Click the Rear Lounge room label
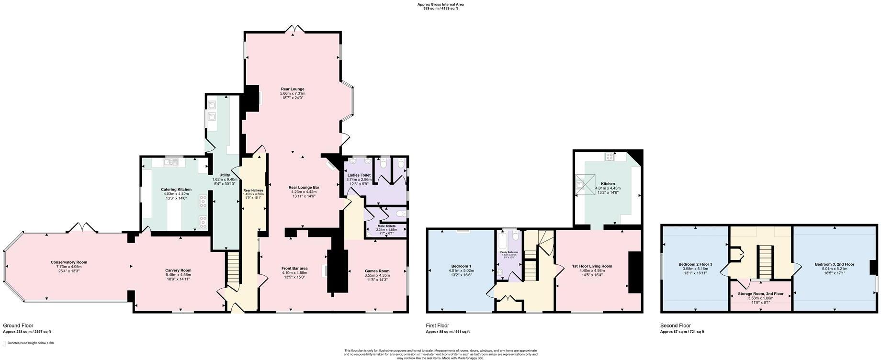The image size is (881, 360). tap(292, 89)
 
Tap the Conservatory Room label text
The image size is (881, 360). tap(69, 262)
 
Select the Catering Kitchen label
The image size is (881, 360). tap(176, 190)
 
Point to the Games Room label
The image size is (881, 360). tap(377, 271)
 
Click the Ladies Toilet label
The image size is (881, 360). tap(359, 175)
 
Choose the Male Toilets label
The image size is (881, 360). tap(386, 226)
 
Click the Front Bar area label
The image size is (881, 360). tap(294, 269)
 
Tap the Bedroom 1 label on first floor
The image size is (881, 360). tap(461, 266)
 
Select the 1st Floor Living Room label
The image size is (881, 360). tap(592, 266)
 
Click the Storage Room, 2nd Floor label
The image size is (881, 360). tap(760, 293)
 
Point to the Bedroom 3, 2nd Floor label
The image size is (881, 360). tap(834, 264)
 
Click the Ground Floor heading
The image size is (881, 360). tap(18, 326)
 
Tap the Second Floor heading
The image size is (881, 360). tap(675, 326)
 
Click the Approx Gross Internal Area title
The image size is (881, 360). tap(440, 4)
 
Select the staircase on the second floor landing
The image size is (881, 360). tap(765, 261)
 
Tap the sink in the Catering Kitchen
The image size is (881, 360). tap(170, 163)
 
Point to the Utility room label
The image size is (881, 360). tap(224, 175)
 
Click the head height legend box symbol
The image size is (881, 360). tap(4, 343)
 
